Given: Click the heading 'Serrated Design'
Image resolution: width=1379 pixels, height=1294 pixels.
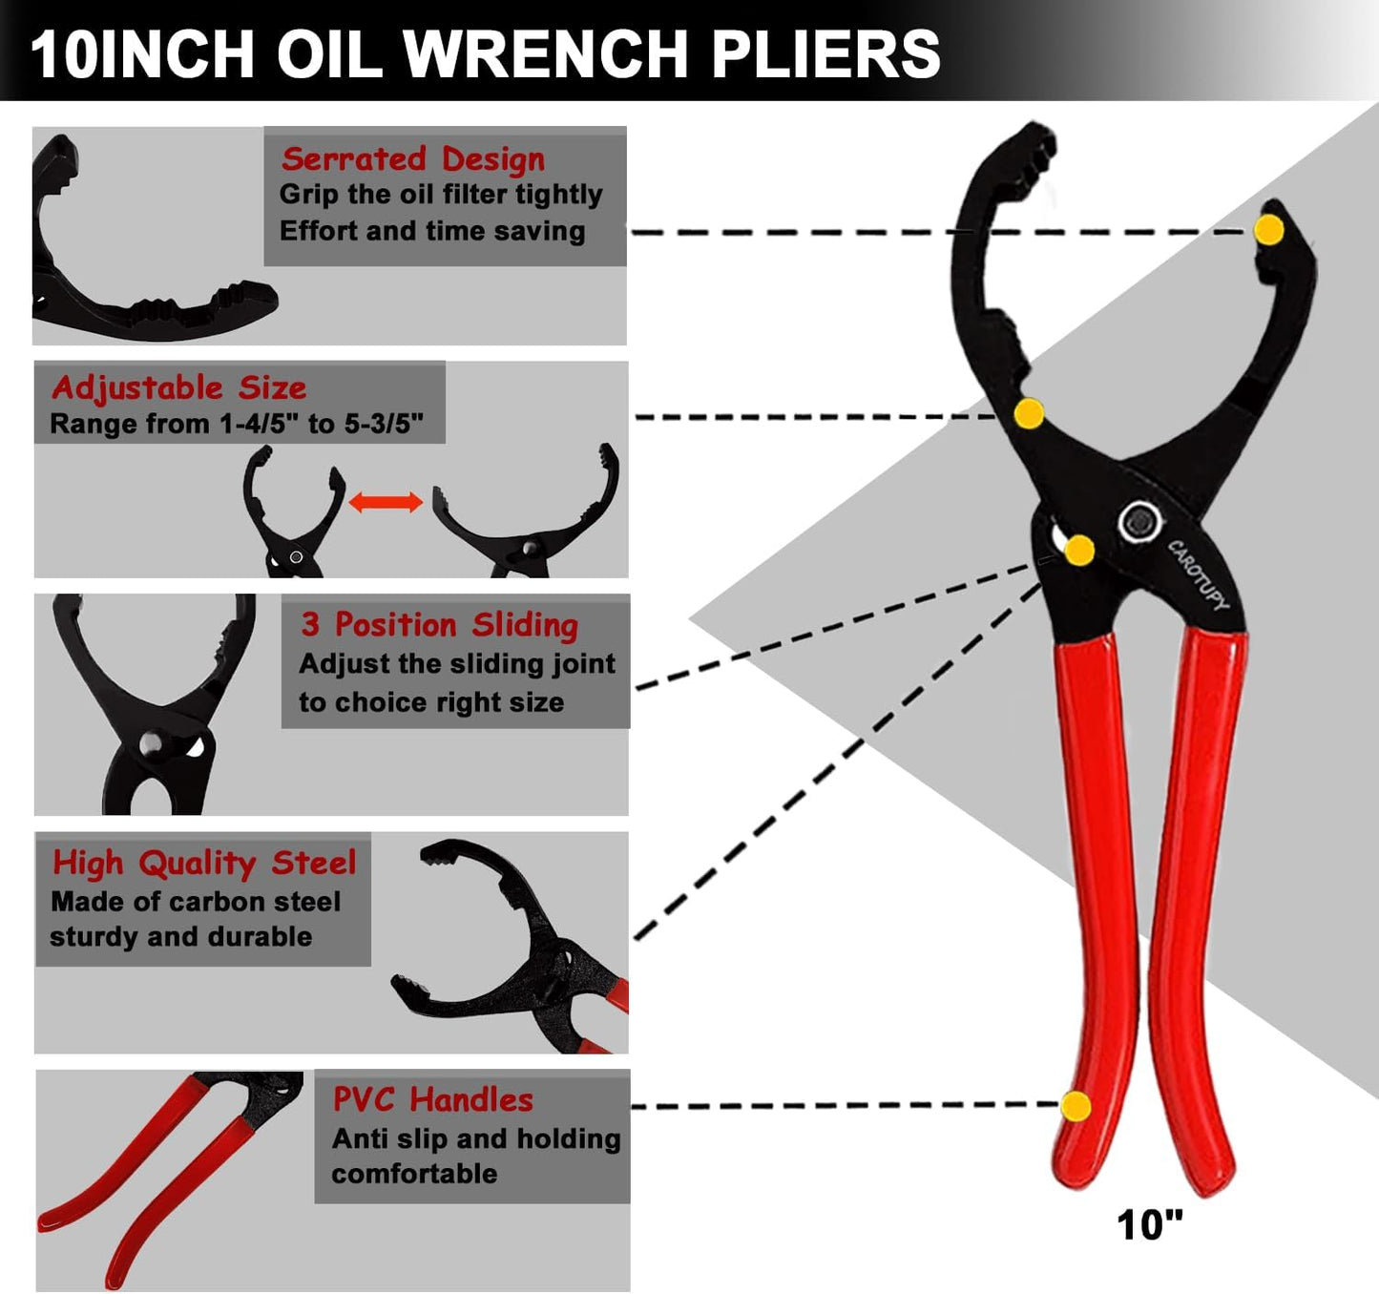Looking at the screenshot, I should (412, 158).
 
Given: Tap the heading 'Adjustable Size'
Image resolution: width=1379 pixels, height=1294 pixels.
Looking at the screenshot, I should (178, 387).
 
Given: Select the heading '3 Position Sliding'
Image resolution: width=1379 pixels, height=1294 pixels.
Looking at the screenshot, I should (439, 625).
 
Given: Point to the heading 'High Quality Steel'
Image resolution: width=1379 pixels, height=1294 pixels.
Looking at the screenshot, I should (204, 863).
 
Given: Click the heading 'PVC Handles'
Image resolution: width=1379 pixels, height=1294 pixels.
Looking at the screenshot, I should (432, 1099).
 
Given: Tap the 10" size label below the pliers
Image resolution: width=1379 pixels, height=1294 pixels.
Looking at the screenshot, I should (1149, 1225).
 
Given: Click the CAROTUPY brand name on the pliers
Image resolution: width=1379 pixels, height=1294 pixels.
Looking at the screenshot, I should (1199, 575).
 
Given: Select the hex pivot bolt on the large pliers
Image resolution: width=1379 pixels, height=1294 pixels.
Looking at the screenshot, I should (1139, 522).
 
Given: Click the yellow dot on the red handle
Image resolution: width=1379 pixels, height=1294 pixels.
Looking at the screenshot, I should (1076, 1106).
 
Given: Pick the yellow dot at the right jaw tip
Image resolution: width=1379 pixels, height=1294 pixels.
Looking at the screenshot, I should (1268, 230).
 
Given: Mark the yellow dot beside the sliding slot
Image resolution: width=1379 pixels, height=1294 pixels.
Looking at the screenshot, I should (1079, 551).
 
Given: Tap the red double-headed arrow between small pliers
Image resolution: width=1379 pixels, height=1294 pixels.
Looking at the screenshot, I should (386, 502).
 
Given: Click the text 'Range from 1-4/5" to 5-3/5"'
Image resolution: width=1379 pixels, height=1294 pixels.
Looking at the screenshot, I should (237, 424).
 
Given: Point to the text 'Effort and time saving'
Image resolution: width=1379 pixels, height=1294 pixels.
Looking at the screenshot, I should (431, 231).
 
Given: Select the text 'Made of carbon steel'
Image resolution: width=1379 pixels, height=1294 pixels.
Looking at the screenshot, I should (196, 902).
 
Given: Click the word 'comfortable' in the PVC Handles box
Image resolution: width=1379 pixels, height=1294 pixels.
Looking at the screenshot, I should (414, 1174).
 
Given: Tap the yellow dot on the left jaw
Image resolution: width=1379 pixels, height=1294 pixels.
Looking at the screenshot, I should (1028, 414).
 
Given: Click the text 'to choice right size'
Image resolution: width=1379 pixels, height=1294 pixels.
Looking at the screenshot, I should (431, 702).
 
